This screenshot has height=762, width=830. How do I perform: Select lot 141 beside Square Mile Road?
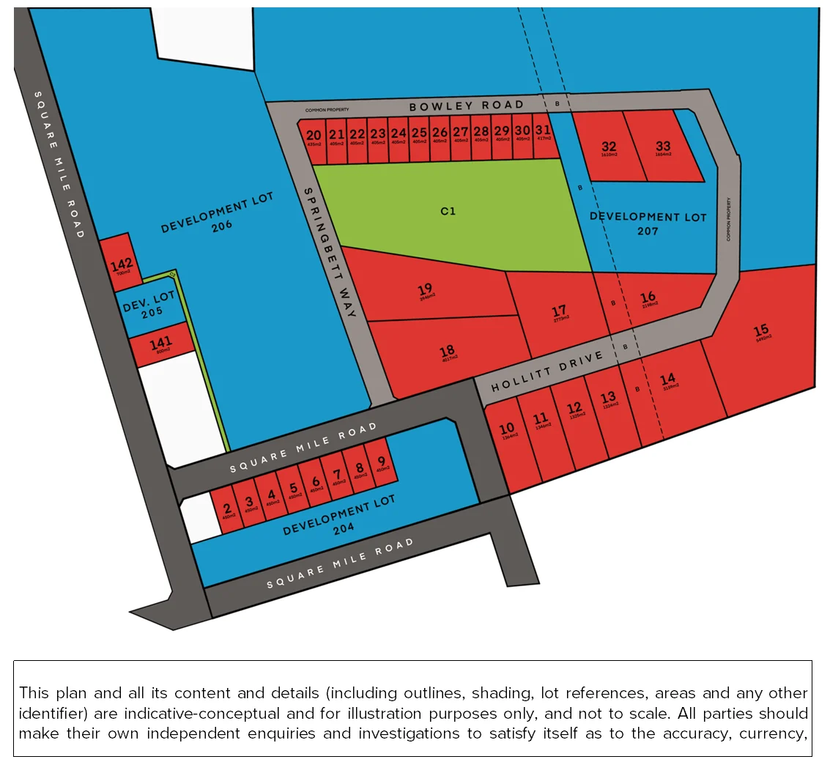[x=160, y=343]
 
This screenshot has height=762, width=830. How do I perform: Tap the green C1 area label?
[x=448, y=211]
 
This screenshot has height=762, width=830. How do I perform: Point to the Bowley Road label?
[x=467, y=106]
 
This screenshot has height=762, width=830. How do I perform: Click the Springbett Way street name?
[x=329, y=251]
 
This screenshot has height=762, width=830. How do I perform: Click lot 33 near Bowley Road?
[x=663, y=147]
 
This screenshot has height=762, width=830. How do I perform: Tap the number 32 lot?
[x=609, y=147]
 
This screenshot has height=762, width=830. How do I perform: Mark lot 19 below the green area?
[x=426, y=289]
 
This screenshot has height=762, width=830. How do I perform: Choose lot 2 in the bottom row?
[x=227, y=509]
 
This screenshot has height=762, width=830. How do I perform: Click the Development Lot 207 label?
[x=648, y=223]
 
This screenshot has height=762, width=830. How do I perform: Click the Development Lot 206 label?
[x=218, y=213]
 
